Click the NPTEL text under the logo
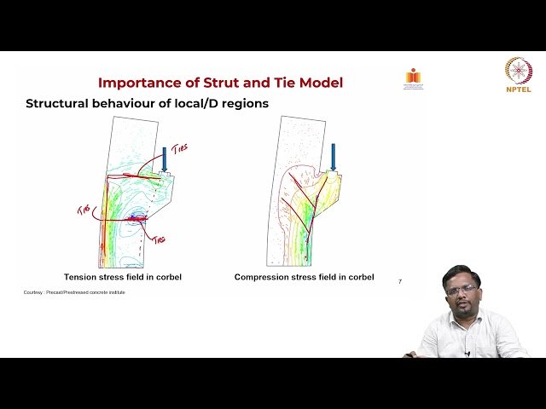(518, 88)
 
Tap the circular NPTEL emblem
(518, 69)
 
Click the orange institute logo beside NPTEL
(414, 78)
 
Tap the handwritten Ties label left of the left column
(84, 210)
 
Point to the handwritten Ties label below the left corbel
(158, 239)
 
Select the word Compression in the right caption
(264, 277)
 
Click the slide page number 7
(400, 282)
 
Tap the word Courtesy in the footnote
(33, 293)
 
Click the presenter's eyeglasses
(462, 291)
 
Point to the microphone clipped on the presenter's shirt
(467, 352)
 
